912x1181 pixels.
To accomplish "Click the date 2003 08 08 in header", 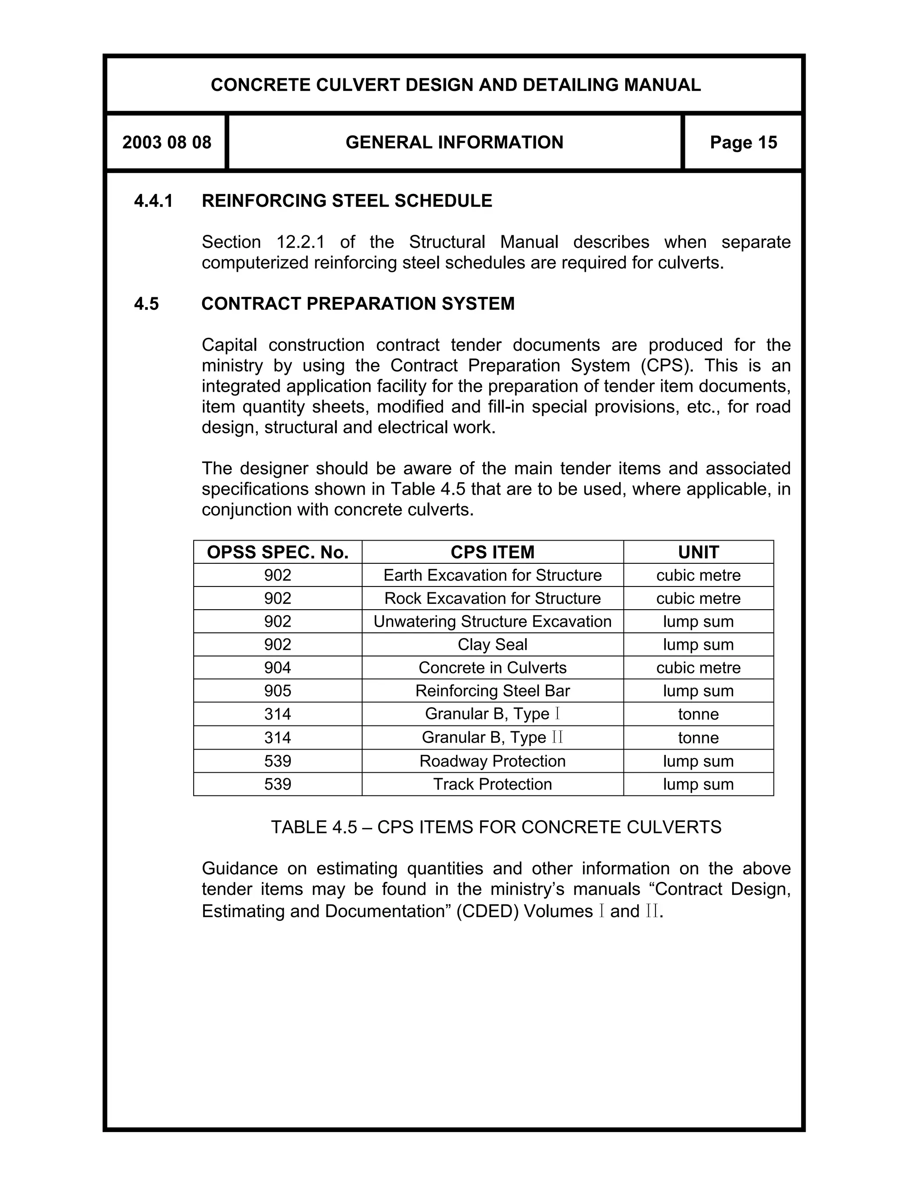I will (x=167, y=142).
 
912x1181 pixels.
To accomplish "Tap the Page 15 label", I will (x=743, y=142).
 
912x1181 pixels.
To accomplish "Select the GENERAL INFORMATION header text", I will (x=454, y=142).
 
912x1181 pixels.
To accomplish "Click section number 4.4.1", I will (x=154, y=201).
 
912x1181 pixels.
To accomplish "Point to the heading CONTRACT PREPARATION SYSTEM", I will (x=358, y=303).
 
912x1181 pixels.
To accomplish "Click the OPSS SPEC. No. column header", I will (x=278, y=552).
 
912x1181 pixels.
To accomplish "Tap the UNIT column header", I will (x=698, y=552).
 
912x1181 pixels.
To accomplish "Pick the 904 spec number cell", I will (x=278, y=668).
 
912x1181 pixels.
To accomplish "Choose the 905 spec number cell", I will (x=278, y=691).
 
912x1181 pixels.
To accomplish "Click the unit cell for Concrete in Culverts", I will (x=698, y=668).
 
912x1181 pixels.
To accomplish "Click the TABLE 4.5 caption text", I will (x=496, y=827).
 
